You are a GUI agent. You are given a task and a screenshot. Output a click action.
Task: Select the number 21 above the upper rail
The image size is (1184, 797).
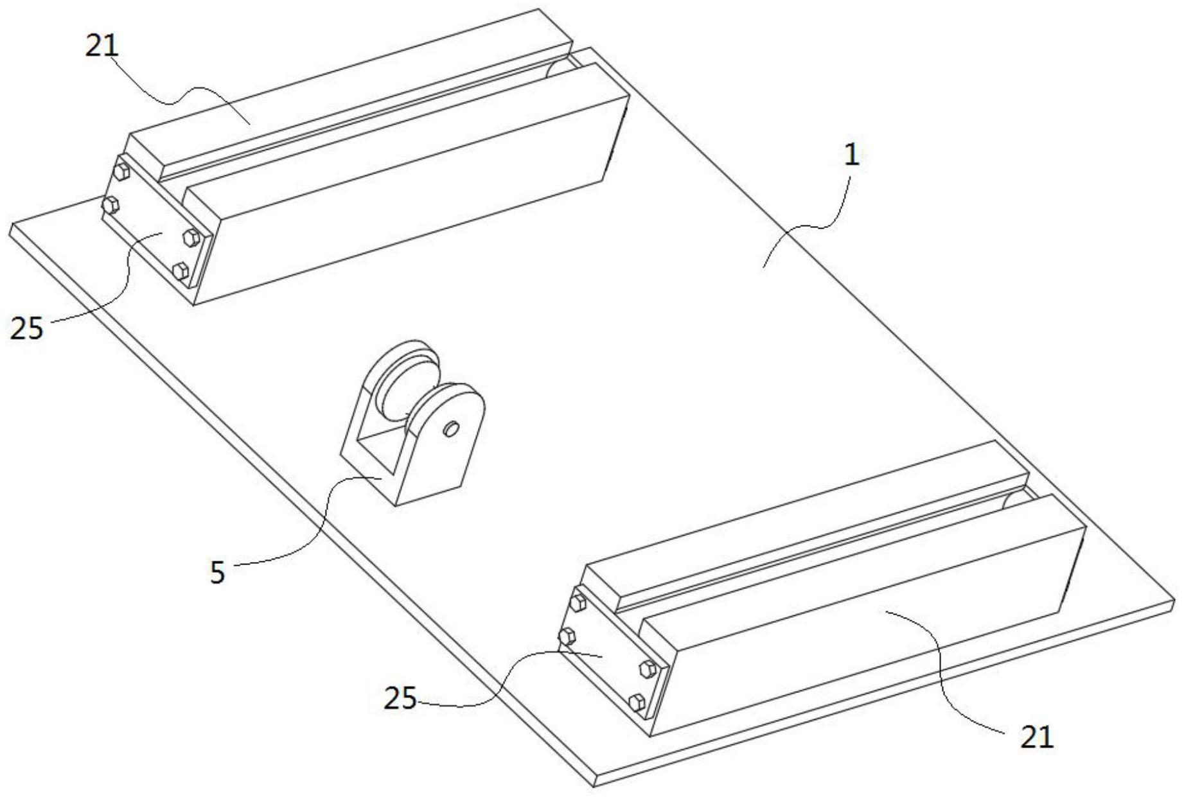pyautogui.click(x=102, y=46)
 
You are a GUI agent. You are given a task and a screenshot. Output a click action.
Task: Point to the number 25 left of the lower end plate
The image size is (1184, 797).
pyautogui.click(x=400, y=699)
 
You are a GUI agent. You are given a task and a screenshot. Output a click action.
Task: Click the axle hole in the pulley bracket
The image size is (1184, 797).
pyautogui.click(x=451, y=429)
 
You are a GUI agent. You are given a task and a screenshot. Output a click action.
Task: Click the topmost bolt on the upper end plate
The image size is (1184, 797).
pyautogui.click(x=121, y=171)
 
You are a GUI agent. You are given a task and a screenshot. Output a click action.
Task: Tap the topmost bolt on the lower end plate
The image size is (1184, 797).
pyautogui.click(x=578, y=602)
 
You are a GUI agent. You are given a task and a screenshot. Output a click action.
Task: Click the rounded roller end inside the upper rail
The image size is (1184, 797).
pyautogui.click(x=558, y=68)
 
